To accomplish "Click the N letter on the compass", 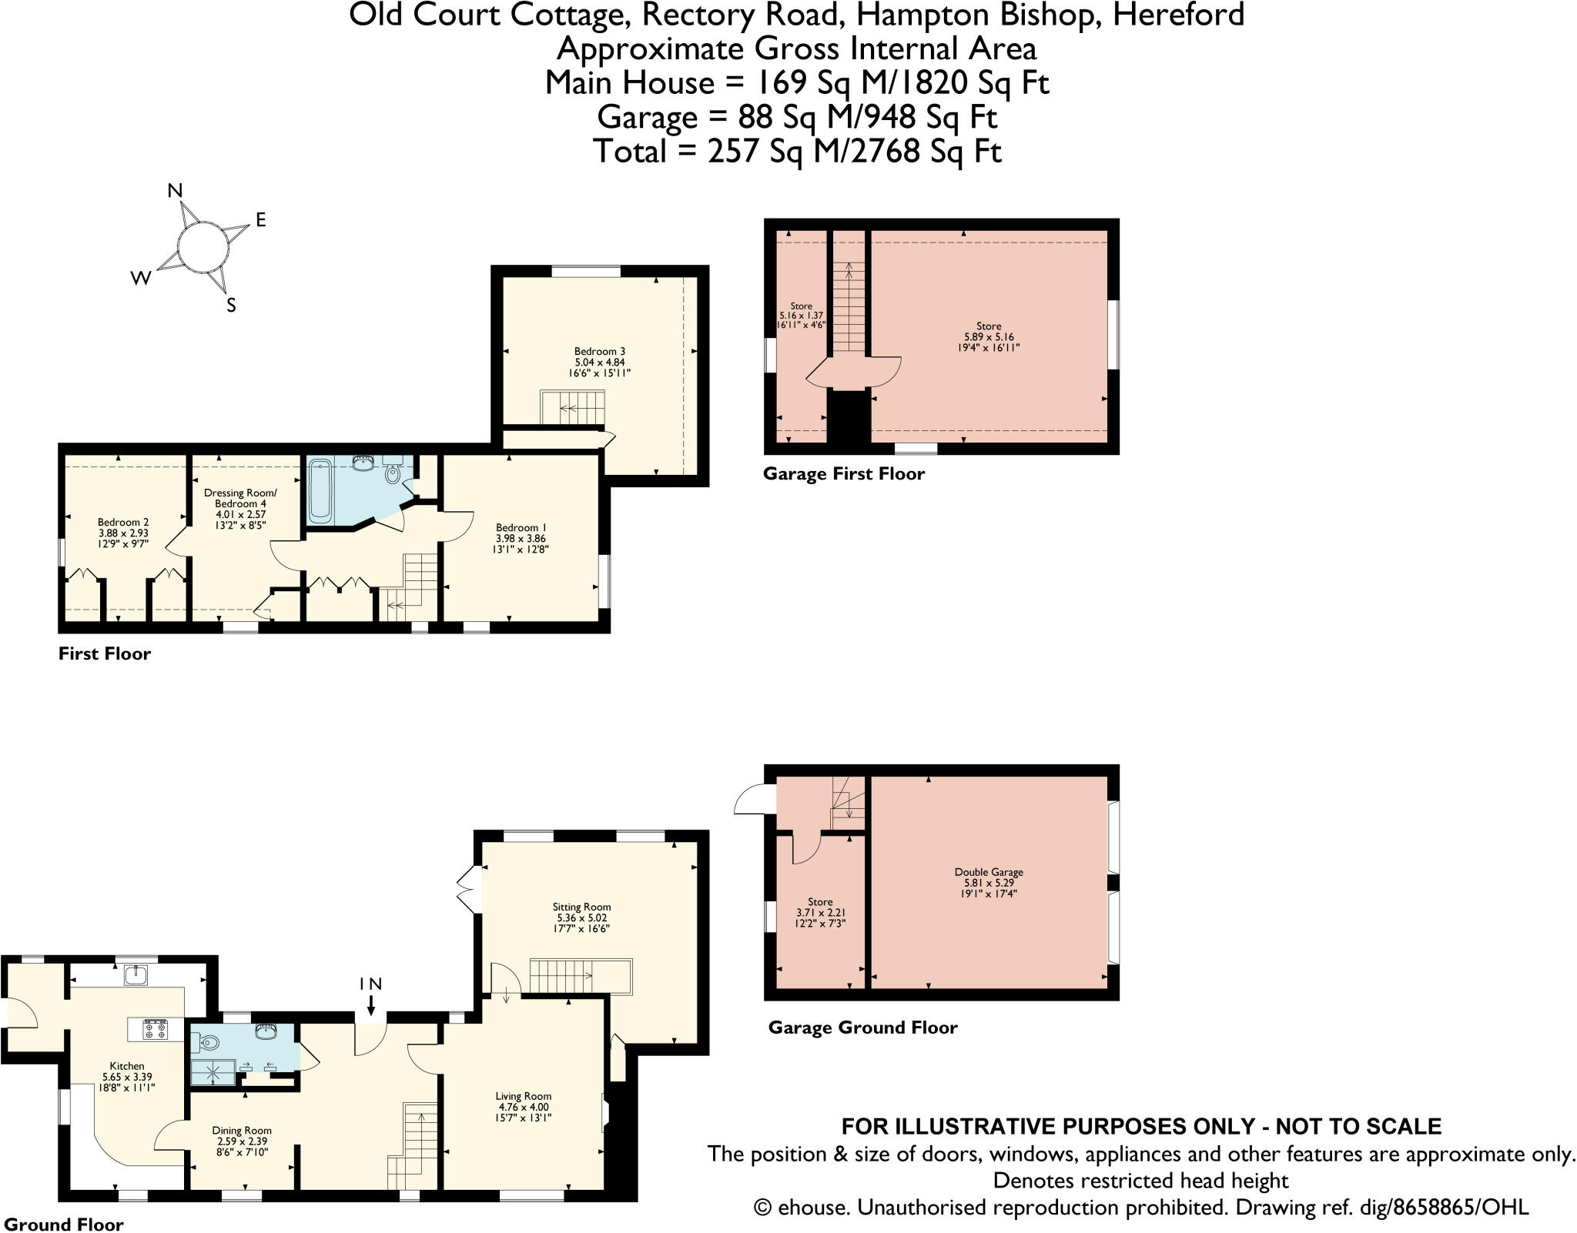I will [x=176, y=191].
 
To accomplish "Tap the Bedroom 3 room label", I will [x=599, y=351].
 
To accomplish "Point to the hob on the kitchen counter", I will [x=156, y=1030].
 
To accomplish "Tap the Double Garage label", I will [x=989, y=872].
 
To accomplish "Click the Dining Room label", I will [x=242, y=1131].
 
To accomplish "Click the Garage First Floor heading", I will [x=844, y=474].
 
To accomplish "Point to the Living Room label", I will [x=523, y=1096].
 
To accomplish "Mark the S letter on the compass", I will [x=230, y=306].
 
